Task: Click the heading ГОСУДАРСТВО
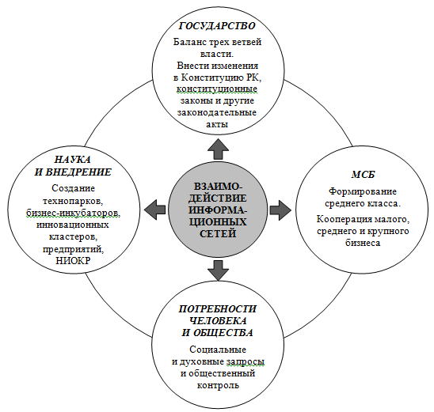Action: click(x=217, y=25)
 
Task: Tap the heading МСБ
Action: click(x=364, y=175)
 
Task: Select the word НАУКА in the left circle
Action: click(x=72, y=160)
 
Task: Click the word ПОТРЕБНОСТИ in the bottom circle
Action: click(x=218, y=308)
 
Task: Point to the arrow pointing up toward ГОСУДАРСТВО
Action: click(x=218, y=149)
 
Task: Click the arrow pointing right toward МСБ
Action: click(x=280, y=210)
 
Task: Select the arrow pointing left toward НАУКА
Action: click(x=155, y=210)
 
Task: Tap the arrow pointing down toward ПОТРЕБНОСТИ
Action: click(x=218, y=270)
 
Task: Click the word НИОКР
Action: click(x=73, y=261)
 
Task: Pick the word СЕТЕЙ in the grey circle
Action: click(x=218, y=233)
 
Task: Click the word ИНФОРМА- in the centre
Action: click(x=218, y=210)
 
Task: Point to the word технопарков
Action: click(x=73, y=201)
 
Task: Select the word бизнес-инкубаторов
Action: click(x=73, y=213)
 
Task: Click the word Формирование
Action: click(x=363, y=191)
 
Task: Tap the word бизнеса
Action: click(x=363, y=243)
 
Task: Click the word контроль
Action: click(x=218, y=385)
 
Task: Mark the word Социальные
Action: click(x=218, y=350)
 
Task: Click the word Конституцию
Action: click(x=212, y=77)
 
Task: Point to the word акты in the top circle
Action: click(x=217, y=125)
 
